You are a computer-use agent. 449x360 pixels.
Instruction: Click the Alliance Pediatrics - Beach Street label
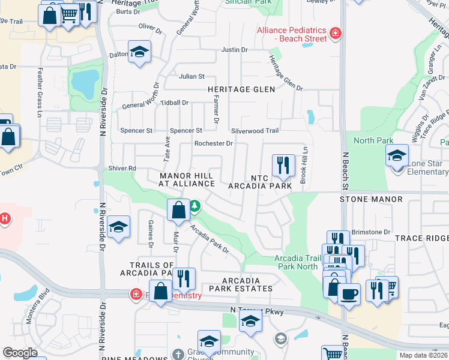coord(292,34)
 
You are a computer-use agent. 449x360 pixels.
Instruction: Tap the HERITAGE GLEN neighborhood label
coord(241,89)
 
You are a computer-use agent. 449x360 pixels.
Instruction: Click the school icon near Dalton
coord(139,52)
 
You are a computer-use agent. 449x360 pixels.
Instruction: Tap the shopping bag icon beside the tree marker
coord(179,211)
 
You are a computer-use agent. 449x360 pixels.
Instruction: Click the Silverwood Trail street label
coord(255,131)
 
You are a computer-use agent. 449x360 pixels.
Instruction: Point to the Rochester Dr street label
coord(213,143)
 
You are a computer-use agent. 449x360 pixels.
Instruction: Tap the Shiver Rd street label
coord(123,169)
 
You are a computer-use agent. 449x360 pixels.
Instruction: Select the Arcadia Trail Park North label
coord(296,262)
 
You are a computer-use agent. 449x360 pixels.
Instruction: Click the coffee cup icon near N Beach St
coord(349,294)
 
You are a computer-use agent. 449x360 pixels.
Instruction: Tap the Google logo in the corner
coord(20,353)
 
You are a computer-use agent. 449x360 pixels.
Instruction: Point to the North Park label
coord(373,141)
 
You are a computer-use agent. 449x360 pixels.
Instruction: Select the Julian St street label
coord(191,77)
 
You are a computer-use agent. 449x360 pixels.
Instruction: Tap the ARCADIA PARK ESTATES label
coord(241,284)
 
